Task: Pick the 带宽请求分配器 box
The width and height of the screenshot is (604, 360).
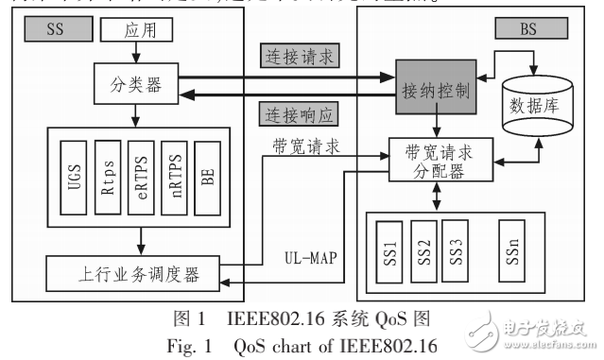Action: [438, 161]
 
